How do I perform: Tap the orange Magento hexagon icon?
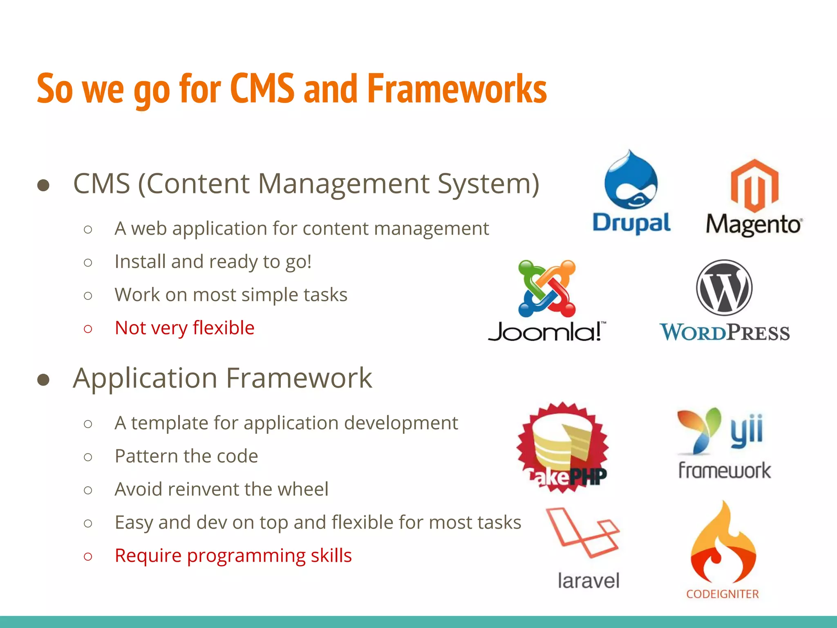tap(754, 186)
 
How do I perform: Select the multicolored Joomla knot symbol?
tap(547, 288)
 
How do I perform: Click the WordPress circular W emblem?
tap(724, 287)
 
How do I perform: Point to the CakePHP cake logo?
tap(563, 448)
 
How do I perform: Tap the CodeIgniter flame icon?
tap(723, 544)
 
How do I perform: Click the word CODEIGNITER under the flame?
tap(722, 594)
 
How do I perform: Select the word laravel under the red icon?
tap(589, 581)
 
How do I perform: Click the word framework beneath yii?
tap(724, 470)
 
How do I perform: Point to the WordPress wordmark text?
tap(724, 332)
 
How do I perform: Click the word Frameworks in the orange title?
tap(457, 89)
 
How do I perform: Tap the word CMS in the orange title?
tap(262, 89)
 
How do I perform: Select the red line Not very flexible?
tap(184, 328)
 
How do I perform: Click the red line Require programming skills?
tap(233, 556)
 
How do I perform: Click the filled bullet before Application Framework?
tap(43, 380)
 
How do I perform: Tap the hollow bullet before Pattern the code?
tap(88, 457)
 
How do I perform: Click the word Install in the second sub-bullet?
tap(139, 262)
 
